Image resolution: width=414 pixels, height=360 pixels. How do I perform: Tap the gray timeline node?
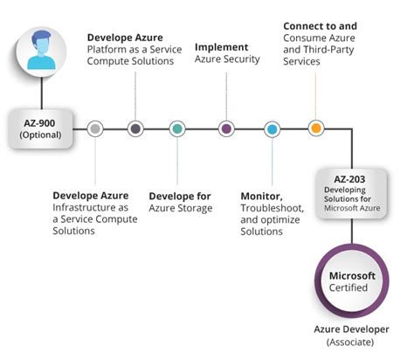pos(95,129)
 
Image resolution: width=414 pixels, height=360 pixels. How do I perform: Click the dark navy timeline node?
pos(135,129)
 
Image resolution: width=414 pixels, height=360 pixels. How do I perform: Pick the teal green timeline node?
pos(177,129)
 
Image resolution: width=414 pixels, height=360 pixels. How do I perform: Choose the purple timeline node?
pos(226,129)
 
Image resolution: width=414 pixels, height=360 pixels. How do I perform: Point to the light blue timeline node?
pos(272,129)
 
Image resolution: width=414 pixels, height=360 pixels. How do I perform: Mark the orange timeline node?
pos(315,129)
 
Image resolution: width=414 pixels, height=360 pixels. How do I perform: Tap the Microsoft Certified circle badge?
pos(351,282)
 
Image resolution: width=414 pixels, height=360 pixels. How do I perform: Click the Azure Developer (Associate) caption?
pos(351,336)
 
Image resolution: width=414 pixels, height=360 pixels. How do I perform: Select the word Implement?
pos(221,47)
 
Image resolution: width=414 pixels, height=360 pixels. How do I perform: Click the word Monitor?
pos(260,195)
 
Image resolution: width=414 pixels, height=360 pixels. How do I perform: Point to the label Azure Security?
pos(227,59)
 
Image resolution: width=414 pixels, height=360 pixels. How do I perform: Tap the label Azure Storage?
pos(181,208)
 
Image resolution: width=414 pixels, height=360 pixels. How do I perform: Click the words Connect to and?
pos(320,26)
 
